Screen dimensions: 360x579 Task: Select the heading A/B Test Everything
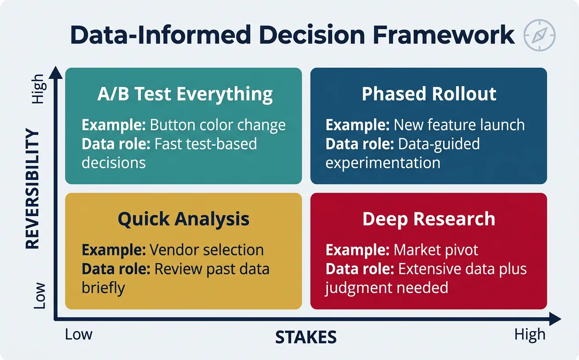pos(185,94)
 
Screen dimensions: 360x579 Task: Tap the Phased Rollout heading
pos(429,94)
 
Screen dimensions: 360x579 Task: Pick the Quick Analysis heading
pos(184,219)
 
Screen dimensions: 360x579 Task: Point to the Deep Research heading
pos(429,219)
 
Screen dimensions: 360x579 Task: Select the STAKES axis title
pos(306,337)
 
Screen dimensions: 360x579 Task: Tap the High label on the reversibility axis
pos(39,89)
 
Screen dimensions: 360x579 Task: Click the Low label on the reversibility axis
pos(39,296)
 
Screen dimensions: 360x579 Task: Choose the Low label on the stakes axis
pos(79,334)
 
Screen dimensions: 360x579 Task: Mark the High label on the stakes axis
pos(530,335)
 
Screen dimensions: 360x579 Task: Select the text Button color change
pos(218,125)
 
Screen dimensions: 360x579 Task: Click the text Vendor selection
pos(207,250)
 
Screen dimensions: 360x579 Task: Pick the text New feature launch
pos(459,125)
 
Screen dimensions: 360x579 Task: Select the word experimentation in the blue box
pos(383,163)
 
